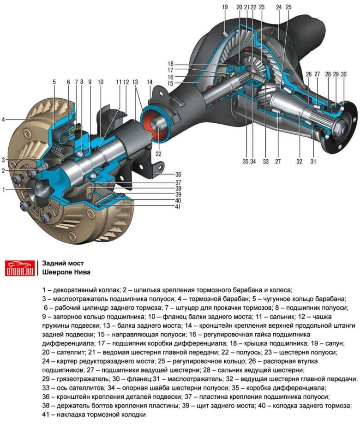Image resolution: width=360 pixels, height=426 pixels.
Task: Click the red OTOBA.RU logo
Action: tap(20, 268)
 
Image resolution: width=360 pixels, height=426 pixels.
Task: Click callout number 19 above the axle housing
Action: tap(225, 7)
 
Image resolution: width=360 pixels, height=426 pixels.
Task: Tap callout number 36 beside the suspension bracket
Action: tap(178, 174)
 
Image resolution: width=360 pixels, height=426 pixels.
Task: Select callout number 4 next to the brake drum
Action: tap(3, 119)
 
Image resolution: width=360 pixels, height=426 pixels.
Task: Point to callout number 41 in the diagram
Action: tap(178, 206)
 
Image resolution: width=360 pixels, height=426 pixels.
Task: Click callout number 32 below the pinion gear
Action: tap(299, 162)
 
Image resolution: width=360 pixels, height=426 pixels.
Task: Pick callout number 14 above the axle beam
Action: tap(150, 82)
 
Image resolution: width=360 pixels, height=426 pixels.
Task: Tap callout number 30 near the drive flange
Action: tap(344, 74)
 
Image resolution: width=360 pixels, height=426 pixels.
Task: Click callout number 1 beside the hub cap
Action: tap(4, 190)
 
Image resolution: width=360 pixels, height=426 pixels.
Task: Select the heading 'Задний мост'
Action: tap(63, 263)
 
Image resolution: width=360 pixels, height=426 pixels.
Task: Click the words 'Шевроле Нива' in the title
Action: tap(66, 272)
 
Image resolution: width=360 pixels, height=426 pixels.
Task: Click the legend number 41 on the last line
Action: tap(46, 414)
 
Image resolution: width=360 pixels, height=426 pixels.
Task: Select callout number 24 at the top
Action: tap(279, 7)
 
